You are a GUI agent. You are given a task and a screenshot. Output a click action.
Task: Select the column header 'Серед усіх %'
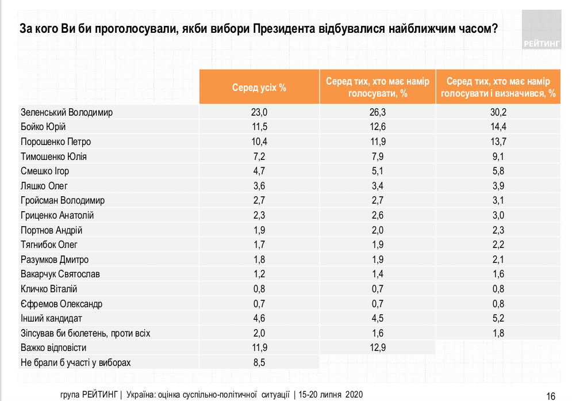(259, 87)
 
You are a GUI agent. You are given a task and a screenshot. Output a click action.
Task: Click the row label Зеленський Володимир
(67, 112)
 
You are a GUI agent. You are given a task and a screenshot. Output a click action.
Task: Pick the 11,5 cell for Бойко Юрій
(259, 127)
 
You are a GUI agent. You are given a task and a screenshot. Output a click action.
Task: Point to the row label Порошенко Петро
(56, 142)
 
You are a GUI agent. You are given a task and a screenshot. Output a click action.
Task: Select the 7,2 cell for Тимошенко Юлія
(259, 156)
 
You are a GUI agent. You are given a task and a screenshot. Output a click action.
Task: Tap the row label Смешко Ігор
(45, 171)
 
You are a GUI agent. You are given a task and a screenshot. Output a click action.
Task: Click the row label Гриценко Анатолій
(57, 215)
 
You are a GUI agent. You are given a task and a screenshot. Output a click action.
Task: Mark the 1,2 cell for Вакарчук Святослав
(259, 274)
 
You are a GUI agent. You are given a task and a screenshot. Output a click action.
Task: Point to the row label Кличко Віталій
(49, 289)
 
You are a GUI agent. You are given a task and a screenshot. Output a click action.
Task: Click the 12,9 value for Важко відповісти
(377, 347)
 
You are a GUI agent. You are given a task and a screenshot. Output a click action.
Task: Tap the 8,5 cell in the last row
(259, 362)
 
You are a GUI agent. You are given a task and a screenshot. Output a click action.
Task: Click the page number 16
(551, 395)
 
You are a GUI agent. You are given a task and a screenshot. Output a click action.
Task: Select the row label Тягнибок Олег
(49, 245)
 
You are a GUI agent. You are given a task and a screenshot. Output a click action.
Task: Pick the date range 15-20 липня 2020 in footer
(330, 395)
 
